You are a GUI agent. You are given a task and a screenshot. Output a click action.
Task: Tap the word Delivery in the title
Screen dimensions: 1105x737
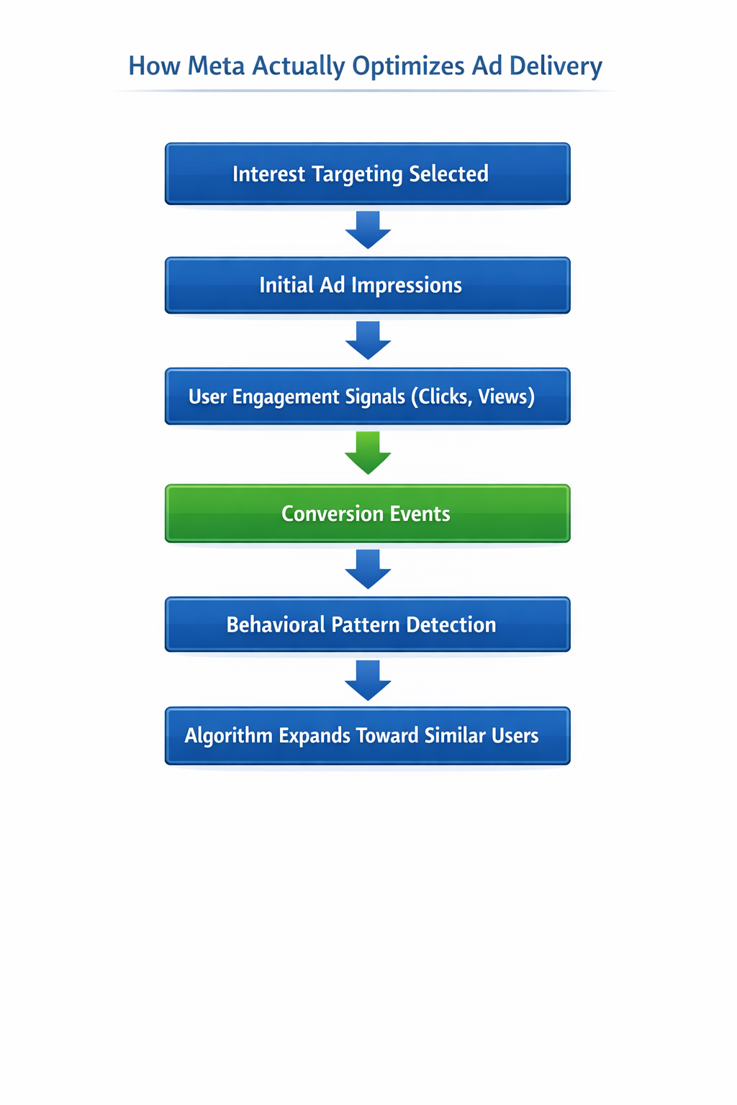pyautogui.click(x=556, y=65)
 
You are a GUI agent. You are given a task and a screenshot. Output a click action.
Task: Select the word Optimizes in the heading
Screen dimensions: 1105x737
pyautogui.click(x=409, y=66)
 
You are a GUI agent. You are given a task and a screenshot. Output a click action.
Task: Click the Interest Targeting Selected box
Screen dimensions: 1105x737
pyautogui.click(x=367, y=174)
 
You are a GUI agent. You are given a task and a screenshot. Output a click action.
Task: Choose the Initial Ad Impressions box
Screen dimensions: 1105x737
pyautogui.click(x=367, y=286)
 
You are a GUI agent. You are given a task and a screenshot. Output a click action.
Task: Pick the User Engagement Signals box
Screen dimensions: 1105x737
pyautogui.click(x=367, y=396)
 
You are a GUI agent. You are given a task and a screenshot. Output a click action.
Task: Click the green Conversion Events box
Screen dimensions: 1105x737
pyautogui.click(x=367, y=514)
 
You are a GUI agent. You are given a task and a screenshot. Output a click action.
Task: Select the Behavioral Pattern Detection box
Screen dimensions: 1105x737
pyautogui.click(x=367, y=624)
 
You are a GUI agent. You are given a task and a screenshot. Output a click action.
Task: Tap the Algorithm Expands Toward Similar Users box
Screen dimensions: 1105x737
pyautogui.click(x=367, y=736)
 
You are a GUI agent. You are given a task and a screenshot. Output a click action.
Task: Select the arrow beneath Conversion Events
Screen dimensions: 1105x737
pyautogui.click(x=368, y=569)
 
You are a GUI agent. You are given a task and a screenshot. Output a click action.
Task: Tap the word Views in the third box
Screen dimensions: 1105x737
pyautogui.click(x=506, y=396)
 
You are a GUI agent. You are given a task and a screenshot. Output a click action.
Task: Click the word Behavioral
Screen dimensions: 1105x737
pyautogui.click(x=276, y=624)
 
